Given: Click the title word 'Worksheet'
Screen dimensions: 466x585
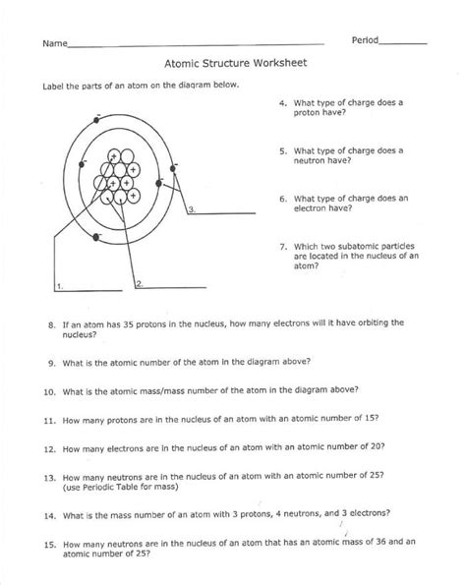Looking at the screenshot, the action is point(278,61).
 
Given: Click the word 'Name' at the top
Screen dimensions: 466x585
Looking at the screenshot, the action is point(54,44).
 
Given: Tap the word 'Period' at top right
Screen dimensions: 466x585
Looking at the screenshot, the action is point(366,40).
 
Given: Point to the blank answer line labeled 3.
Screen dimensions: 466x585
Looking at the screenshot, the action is point(226,209).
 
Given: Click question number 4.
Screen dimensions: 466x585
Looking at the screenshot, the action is point(282,102).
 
